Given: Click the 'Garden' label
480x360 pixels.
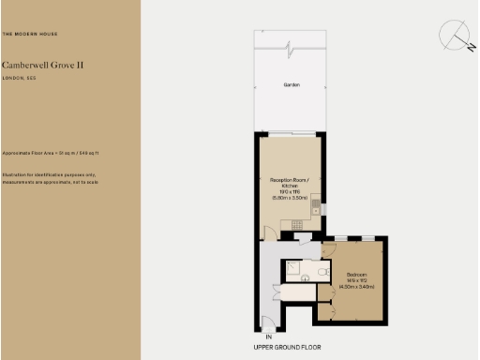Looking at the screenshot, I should (x=291, y=85).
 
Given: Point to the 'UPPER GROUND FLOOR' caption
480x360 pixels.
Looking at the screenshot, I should (x=287, y=347).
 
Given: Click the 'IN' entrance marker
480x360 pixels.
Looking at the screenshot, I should (x=268, y=336).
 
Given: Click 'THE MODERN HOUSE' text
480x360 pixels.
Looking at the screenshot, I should (x=29, y=34).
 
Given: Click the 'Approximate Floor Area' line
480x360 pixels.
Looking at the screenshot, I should (x=51, y=152).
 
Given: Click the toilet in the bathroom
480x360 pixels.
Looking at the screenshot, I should (x=320, y=272).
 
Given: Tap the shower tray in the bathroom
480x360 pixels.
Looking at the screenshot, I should (x=293, y=270).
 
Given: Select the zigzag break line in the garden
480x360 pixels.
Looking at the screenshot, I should (x=291, y=46).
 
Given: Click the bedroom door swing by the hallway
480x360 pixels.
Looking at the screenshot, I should (x=328, y=249).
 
